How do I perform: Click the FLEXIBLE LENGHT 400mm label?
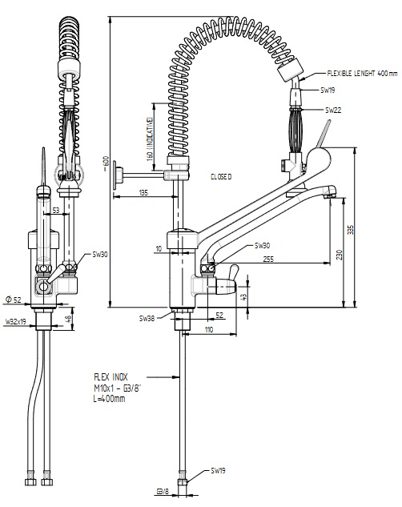pyautogui.click(x=362, y=74)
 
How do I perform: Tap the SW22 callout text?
pyautogui.click(x=333, y=111)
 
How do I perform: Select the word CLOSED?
pyautogui.click(x=221, y=177)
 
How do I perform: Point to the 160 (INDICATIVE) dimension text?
pyautogui.click(x=149, y=139)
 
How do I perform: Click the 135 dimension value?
pyautogui.click(x=144, y=193)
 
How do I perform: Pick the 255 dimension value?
pyautogui.click(x=268, y=259)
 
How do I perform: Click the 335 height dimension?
pyautogui.click(x=352, y=230)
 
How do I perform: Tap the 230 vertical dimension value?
pyautogui.click(x=339, y=255)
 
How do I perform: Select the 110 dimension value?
pyautogui.click(x=209, y=329)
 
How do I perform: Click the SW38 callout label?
pyautogui.click(x=147, y=319)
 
